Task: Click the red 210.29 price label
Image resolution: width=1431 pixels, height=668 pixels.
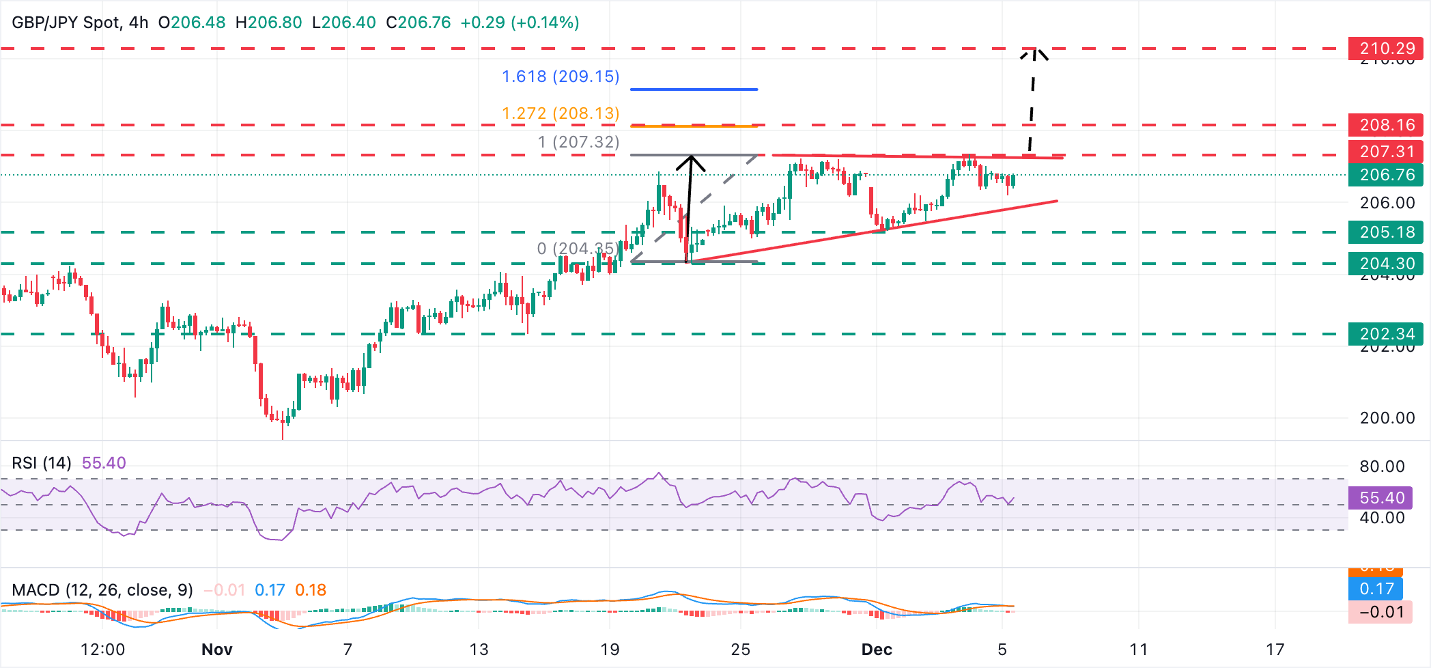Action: (1386, 48)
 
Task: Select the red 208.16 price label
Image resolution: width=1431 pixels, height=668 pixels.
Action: (1386, 125)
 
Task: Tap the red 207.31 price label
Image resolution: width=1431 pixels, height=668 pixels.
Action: (1386, 152)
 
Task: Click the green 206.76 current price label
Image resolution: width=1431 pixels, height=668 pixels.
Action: (1386, 175)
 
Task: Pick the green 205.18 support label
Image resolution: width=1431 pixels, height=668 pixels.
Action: (1386, 232)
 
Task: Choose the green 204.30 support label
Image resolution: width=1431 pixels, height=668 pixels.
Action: (1386, 264)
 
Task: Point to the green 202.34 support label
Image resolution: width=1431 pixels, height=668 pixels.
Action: (1386, 334)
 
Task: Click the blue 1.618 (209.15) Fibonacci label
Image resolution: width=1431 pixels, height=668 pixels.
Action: (561, 76)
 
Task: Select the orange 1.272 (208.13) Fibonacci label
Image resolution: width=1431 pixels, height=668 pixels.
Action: (561, 113)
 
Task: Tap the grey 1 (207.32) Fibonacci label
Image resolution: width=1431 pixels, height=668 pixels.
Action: (578, 142)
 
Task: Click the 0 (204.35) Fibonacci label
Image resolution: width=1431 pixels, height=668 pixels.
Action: (578, 249)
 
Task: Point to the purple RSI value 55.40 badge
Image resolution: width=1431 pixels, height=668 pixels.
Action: (1382, 498)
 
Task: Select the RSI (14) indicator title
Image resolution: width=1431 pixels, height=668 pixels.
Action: (42, 463)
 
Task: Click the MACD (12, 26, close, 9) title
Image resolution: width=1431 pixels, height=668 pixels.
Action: (102, 590)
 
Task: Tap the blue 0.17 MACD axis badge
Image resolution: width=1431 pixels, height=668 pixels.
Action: (1376, 589)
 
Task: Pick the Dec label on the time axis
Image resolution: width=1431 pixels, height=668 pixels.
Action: (877, 650)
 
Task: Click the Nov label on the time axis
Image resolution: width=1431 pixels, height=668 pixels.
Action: (217, 650)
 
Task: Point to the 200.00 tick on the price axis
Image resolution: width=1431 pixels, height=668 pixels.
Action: (1387, 418)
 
